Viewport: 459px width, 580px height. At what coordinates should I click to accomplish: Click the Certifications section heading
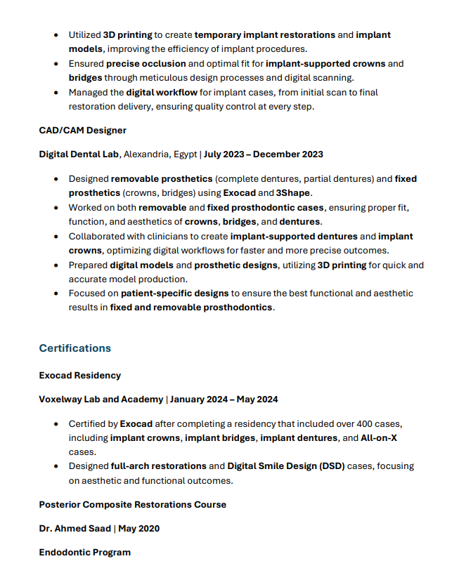(75, 348)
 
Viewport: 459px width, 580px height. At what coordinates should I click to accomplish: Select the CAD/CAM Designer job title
(82, 130)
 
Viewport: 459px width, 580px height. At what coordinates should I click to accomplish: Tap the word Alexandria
(147, 154)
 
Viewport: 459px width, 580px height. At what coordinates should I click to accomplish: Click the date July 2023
(226, 154)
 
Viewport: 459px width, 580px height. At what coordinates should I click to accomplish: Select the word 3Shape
(293, 192)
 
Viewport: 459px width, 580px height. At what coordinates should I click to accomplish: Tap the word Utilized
(85, 34)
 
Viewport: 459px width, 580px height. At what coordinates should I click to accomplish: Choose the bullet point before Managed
(56, 92)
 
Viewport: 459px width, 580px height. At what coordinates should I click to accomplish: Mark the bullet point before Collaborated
(56, 237)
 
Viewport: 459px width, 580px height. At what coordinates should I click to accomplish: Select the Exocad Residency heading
(80, 375)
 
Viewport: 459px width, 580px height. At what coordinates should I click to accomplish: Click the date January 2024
(199, 400)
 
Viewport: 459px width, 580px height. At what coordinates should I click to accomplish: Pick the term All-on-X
(379, 437)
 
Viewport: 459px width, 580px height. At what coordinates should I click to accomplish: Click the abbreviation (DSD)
(332, 466)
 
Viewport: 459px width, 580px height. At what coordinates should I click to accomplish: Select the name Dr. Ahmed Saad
(75, 528)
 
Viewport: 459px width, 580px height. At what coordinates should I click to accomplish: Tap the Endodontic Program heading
(85, 552)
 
